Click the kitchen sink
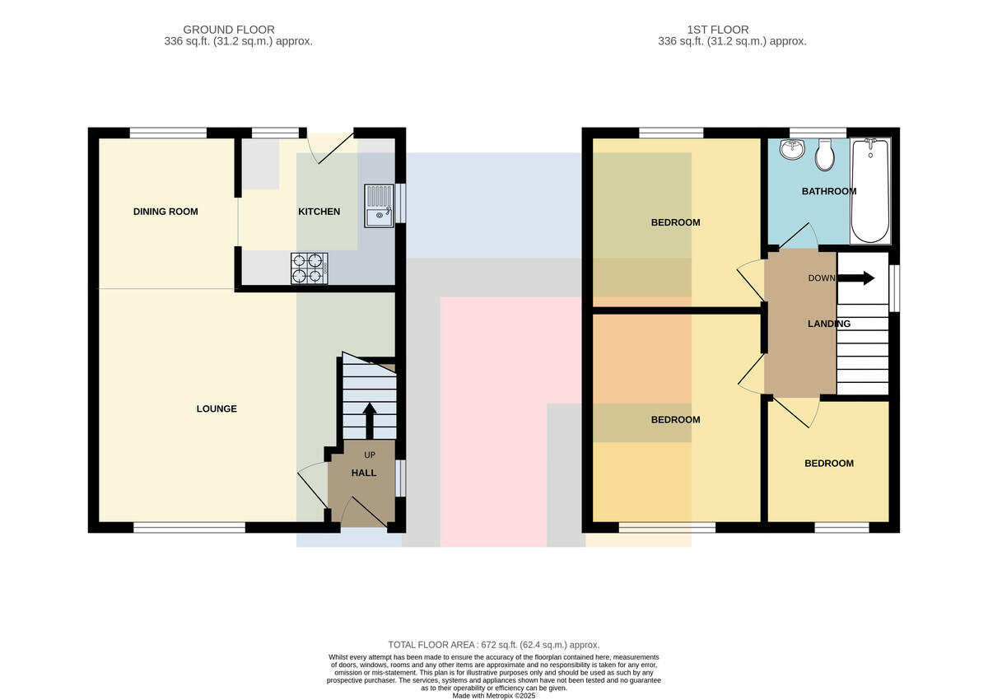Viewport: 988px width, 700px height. coord(379,206)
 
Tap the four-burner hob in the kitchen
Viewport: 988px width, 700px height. coord(310,268)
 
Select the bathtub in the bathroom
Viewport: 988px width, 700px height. coord(869,190)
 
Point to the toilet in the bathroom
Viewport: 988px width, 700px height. coord(824,155)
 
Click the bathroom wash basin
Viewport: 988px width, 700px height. coord(792,149)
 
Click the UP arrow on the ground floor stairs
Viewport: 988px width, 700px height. coord(369,421)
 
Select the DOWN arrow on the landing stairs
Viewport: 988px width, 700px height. coord(855,278)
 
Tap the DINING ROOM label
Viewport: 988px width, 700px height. coord(165,212)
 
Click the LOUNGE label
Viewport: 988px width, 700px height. coord(217,409)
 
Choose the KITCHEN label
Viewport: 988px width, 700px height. coord(319,212)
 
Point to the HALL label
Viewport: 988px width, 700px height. coord(364,473)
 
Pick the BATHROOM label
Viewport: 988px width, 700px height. coord(829,191)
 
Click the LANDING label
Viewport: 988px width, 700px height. coord(829,324)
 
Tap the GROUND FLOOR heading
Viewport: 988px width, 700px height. coord(229,30)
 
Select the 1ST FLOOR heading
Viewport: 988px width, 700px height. coord(718,30)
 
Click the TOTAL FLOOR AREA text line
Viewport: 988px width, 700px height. coord(493,645)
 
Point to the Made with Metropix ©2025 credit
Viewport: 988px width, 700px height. coord(493,696)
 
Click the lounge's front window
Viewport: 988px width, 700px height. coord(189,528)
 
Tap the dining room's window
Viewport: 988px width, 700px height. coord(168,133)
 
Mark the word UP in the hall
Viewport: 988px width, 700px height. coord(370,455)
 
